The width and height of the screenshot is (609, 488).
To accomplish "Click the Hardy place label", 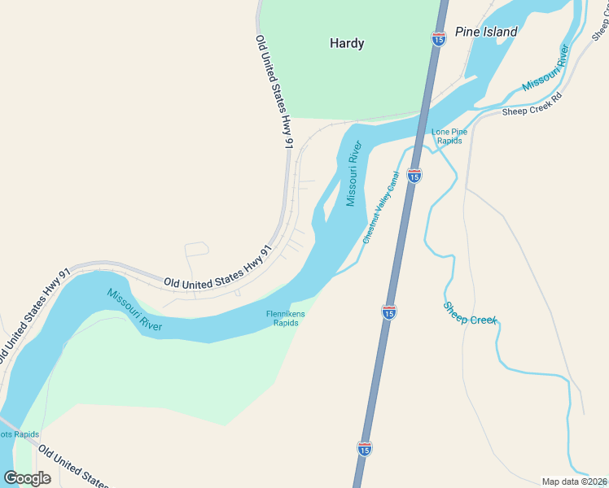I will point(347,43).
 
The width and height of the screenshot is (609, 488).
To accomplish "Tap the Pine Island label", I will point(486,32).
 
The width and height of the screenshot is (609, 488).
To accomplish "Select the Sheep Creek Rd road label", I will point(532,104).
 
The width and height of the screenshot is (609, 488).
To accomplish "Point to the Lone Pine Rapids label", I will point(449,136).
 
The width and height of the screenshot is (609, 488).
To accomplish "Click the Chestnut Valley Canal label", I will point(381,207).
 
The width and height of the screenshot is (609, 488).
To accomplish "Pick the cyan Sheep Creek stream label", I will point(470,314).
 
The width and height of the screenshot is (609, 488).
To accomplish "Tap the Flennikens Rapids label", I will point(285,318).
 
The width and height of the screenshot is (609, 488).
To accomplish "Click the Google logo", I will point(27,477).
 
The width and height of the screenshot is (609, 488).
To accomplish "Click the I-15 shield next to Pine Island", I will point(438,37).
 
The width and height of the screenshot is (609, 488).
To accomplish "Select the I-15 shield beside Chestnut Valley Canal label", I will point(414,175).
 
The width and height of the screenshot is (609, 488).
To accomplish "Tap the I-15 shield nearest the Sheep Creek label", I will point(389,311).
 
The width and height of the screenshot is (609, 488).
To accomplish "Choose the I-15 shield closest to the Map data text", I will point(365,447).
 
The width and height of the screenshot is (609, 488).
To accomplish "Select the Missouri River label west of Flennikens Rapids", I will point(134,310).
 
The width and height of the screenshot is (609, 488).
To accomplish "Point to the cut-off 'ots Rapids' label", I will point(20,434).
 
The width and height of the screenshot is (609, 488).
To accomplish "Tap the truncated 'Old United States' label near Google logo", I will point(73,465).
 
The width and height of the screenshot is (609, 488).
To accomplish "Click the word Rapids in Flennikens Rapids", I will point(285,323).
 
